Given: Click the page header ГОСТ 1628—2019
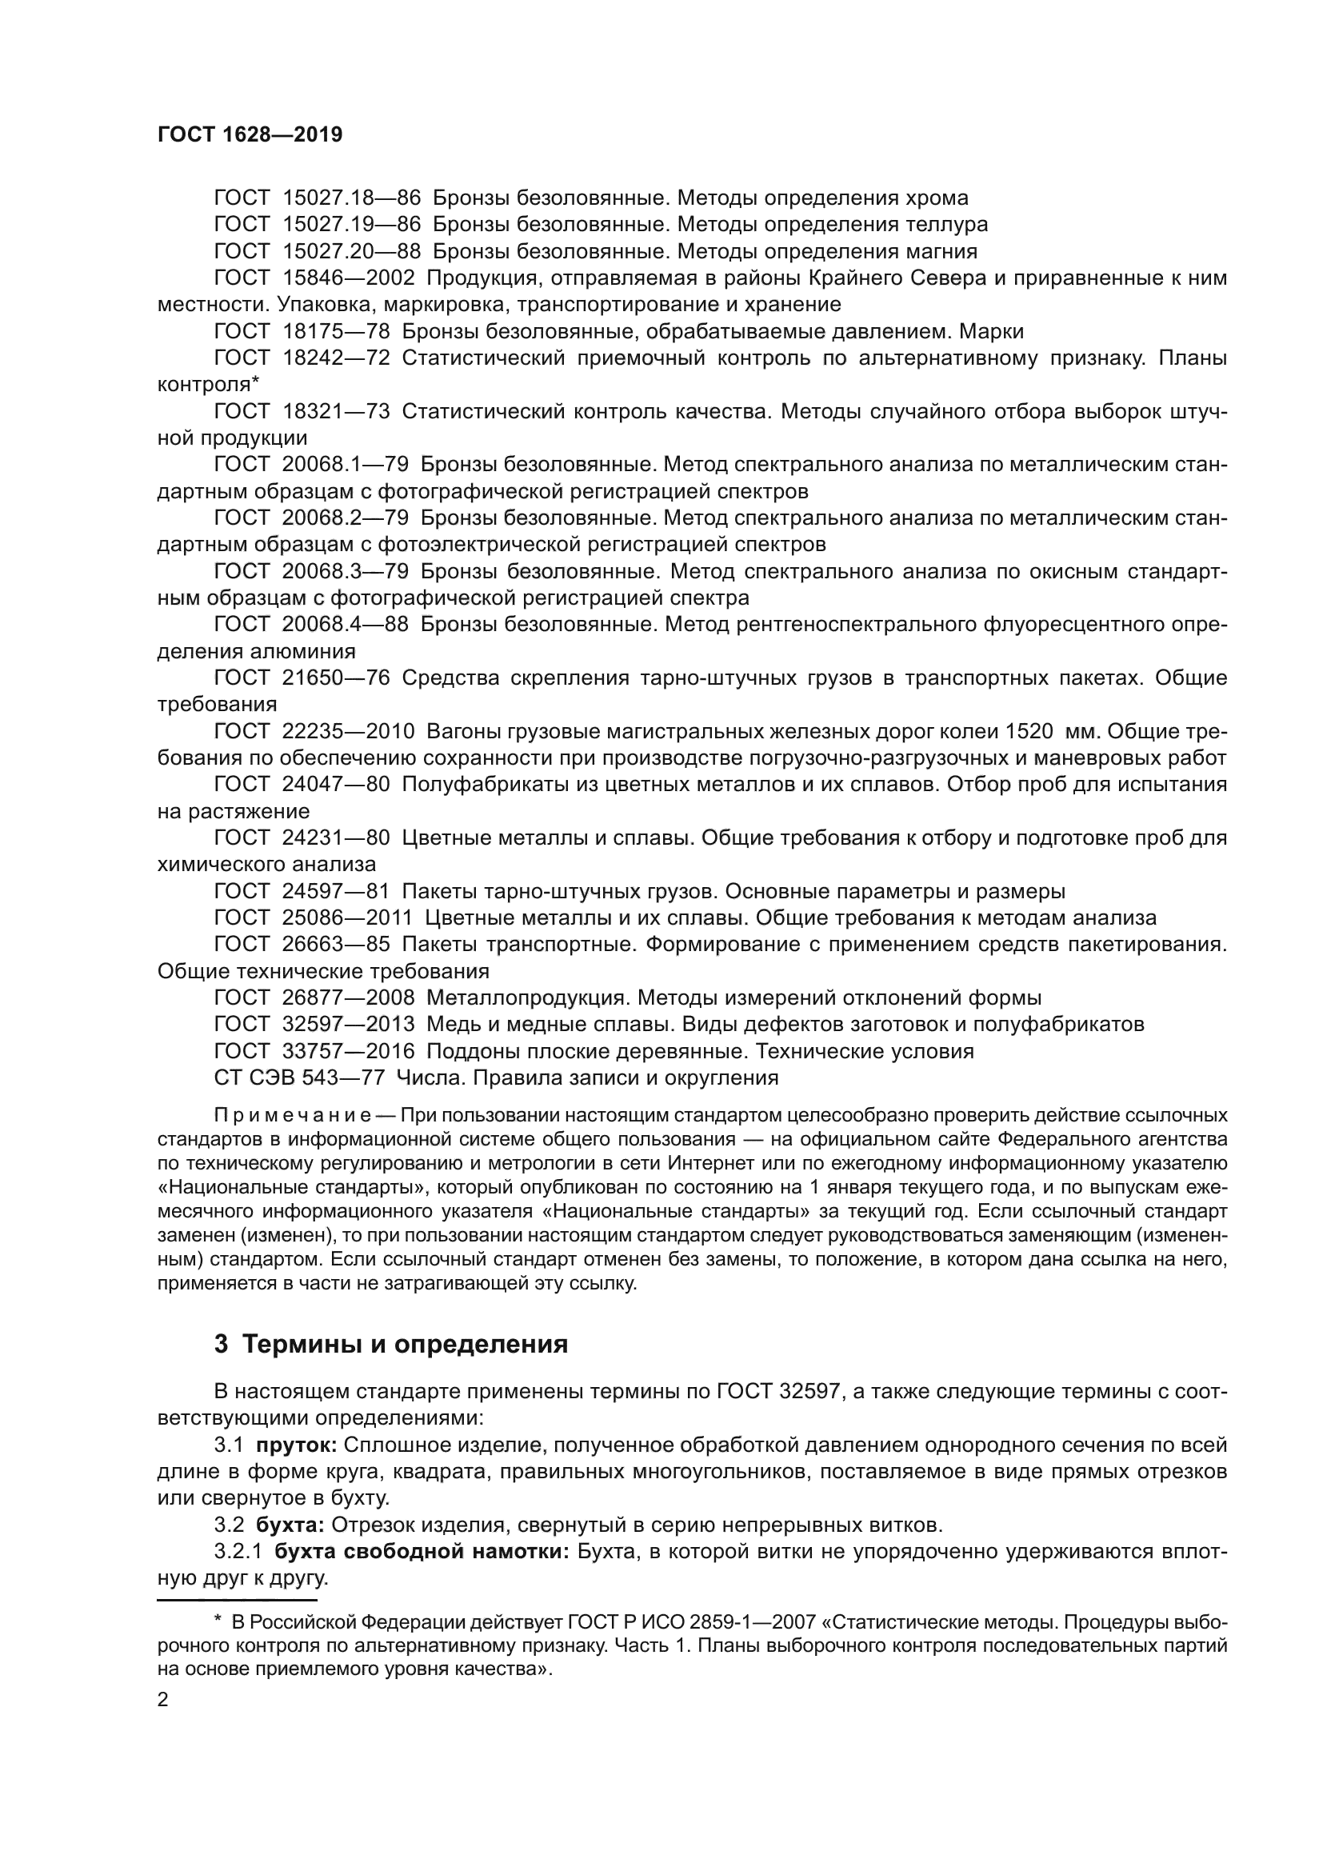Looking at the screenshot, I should click(x=250, y=134).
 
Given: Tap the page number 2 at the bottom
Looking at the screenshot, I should click(x=162, y=1701).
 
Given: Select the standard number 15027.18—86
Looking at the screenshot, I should click(x=351, y=198).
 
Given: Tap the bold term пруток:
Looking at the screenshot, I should click(x=297, y=1445).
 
